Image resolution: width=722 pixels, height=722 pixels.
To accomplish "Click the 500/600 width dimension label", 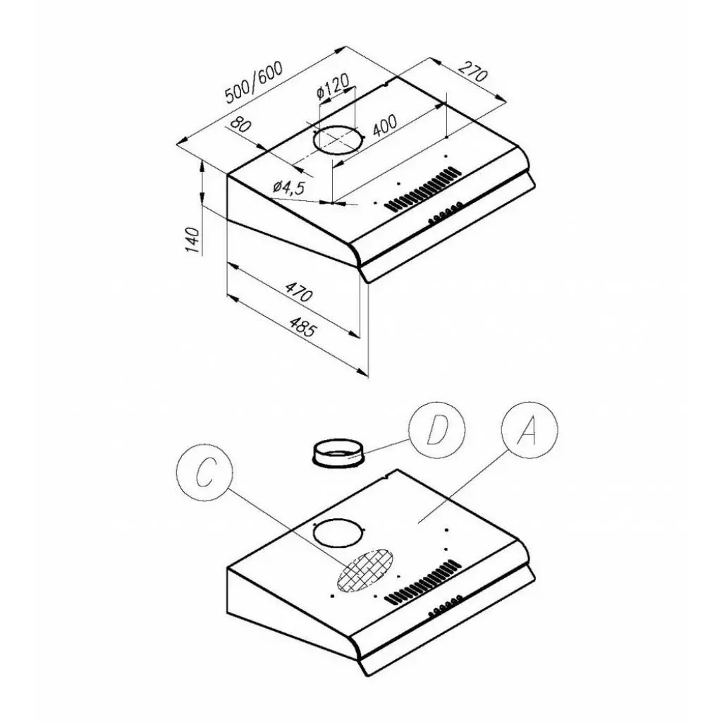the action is [254, 81].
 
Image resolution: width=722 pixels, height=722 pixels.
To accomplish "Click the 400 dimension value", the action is [384, 126].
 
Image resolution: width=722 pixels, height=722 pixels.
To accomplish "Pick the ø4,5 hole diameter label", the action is [288, 186].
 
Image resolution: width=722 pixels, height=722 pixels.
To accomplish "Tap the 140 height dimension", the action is [193, 240].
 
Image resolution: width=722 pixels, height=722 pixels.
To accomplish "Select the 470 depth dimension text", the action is [299, 291].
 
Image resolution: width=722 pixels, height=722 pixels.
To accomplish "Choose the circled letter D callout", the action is [436, 430].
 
